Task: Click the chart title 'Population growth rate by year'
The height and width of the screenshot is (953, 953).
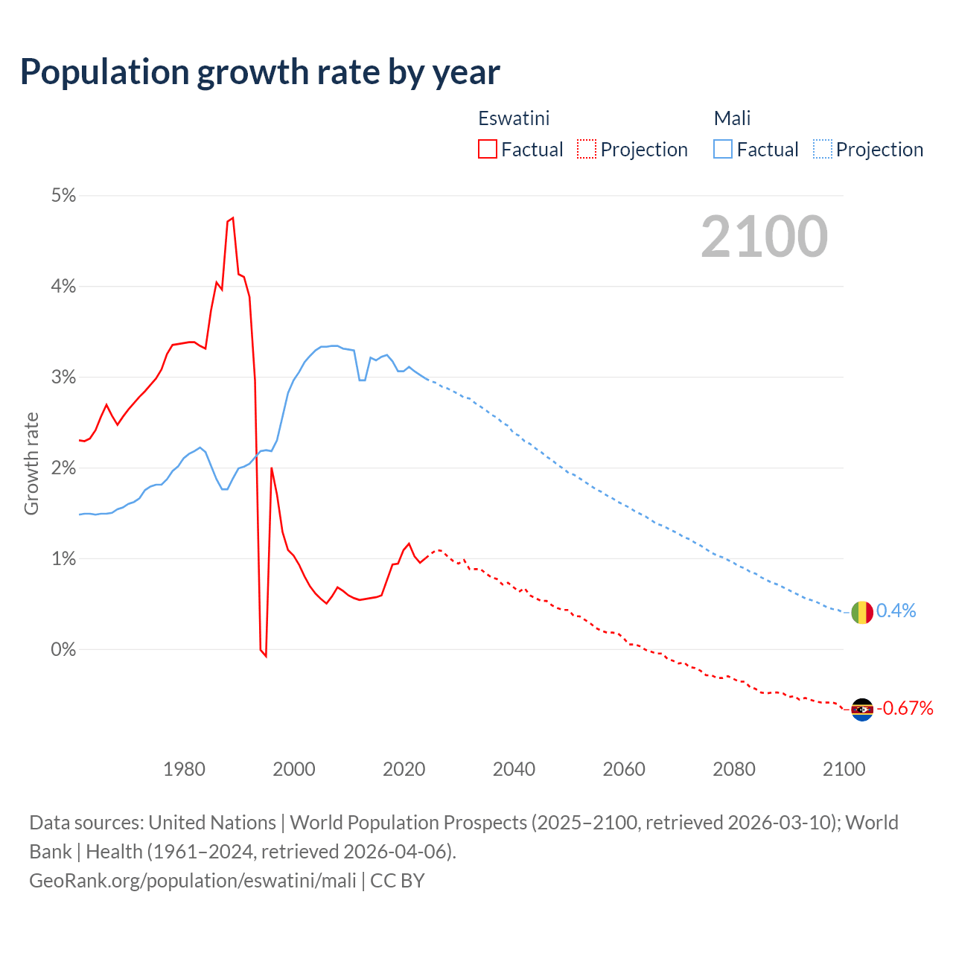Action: point(260,71)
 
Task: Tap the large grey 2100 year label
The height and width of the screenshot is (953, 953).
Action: point(764,236)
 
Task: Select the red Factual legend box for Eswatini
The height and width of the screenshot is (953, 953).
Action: point(487,149)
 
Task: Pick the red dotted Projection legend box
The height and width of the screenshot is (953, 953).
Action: point(587,149)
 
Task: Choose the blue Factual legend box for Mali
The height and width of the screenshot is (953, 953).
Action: point(722,149)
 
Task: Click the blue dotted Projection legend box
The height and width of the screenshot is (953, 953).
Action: point(823,149)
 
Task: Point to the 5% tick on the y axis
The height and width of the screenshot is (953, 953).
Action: point(63,195)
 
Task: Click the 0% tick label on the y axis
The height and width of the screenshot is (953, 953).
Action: point(63,649)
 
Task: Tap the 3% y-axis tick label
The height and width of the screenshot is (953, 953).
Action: point(63,377)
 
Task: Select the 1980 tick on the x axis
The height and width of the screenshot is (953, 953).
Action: point(184,769)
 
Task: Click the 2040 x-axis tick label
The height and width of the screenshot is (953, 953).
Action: point(514,769)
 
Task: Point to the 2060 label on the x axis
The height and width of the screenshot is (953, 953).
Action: point(624,769)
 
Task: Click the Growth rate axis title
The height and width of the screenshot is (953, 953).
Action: point(31,463)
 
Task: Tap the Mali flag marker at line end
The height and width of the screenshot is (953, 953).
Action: point(862,612)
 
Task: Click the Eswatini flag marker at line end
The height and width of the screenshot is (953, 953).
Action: point(862,710)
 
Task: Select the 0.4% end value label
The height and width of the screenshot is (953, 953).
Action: point(896,611)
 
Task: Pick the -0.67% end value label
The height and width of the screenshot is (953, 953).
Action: point(905,708)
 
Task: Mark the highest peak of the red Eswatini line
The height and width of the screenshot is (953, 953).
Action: point(233,217)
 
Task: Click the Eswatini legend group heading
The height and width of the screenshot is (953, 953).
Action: point(514,118)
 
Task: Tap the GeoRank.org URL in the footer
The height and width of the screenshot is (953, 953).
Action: point(193,880)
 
